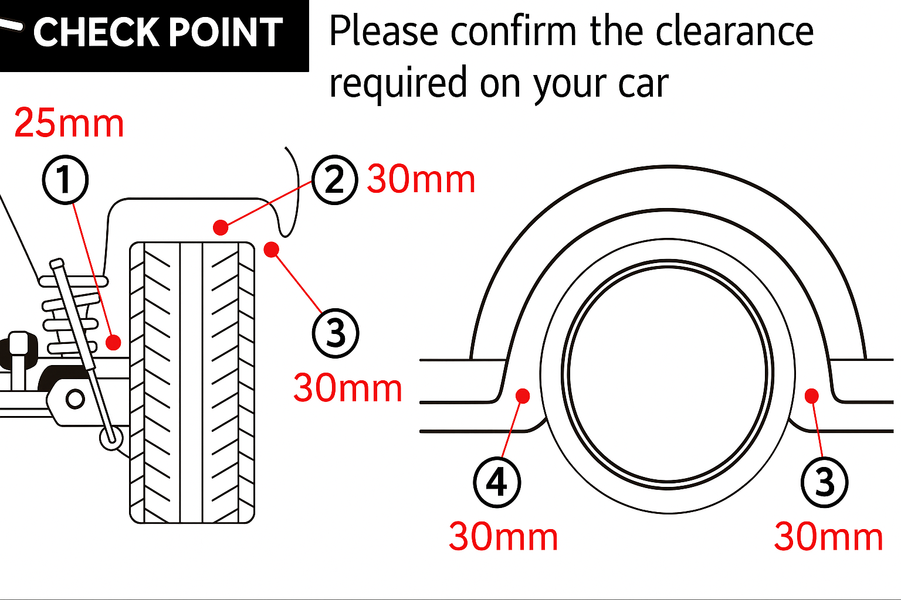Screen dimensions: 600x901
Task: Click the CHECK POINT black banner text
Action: click(157, 32)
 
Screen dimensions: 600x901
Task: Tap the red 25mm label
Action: click(69, 123)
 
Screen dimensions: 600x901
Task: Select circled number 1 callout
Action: click(65, 180)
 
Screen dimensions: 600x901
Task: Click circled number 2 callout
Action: click(334, 180)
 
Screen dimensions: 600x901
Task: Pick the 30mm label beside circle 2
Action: click(421, 179)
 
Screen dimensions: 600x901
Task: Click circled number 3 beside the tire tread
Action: click(335, 333)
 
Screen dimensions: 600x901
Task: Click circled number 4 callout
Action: click(496, 483)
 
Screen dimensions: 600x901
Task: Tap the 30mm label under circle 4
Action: click(503, 536)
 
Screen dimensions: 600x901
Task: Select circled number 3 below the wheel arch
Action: click(824, 483)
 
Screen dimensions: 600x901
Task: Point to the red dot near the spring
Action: click(113, 342)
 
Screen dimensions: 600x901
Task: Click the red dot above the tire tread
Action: click(221, 227)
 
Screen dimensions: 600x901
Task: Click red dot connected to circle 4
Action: click(523, 397)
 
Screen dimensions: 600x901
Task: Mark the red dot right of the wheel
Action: click(812, 397)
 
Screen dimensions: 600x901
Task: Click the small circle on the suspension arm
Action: click(75, 400)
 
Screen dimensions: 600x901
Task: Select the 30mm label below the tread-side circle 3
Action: click(347, 388)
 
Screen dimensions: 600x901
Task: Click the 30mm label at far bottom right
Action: click(828, 536)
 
